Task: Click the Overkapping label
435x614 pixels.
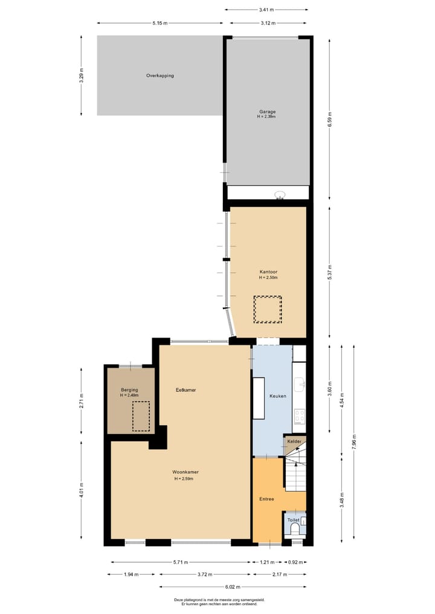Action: pyautogui.click(x=160, y=76)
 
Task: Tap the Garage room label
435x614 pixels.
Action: pyautogui.click(x=268, y=112)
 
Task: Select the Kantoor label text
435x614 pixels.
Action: pyautogui.click(x=268, y=272)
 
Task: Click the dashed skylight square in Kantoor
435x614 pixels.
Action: pyautogui.click(x=268, y=310)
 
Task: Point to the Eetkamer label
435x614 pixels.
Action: pyautogui.click(x=185, y=390)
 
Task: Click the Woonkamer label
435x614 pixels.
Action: pyautogui.click(x=185, y=472)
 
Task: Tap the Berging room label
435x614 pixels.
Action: pyautogui.click(x=129, y=390)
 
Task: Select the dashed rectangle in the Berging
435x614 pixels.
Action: pyautogui.click(x=141, y=416)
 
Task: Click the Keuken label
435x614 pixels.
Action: pyautogui.click(x=278, y=396)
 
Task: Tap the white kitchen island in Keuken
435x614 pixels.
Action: pyautogui.click(x=259, y=398)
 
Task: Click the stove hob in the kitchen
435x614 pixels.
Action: pyautogui.click(x=299, y=416)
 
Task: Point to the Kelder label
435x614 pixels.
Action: pyautogui.click(x=294, y=442)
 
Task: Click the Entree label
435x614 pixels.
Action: pyautogui.click(x=266, y=499)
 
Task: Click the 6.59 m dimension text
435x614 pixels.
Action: pyautogui.click(x=330, y=118)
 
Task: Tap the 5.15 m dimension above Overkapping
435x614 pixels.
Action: pyautogui.click(x=159, y=24)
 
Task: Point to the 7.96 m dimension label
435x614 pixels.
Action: pyautogui.click(x=355, y=442)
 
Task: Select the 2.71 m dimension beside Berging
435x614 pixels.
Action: pyautogui.click(x=82, y=400)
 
